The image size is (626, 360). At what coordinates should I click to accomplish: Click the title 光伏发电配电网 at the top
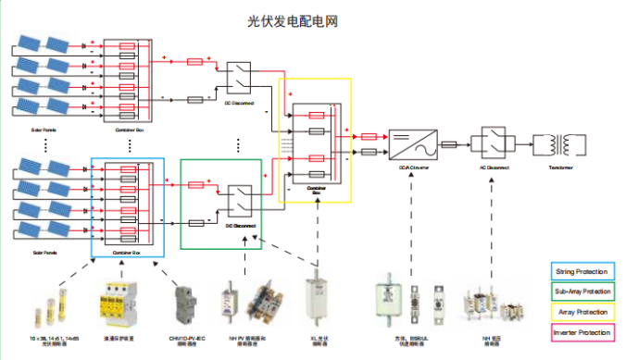312,19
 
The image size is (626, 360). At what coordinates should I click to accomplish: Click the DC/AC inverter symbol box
409,144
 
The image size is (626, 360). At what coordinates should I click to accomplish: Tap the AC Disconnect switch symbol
491,144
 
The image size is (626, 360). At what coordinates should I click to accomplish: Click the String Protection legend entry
582,271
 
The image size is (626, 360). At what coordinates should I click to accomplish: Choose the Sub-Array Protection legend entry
582,292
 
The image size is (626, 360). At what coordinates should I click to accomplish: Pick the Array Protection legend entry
582,312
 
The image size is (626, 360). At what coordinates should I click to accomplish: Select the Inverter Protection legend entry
582,332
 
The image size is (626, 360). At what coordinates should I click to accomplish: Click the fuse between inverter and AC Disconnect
451,144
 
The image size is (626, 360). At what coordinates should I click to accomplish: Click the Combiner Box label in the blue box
127,252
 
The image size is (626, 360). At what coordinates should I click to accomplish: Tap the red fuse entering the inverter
368,136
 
